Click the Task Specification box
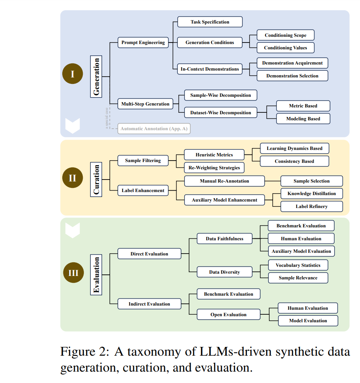point(210,22)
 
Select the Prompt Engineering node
point(143,43)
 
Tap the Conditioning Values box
point(286,48)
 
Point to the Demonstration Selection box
point(292,76)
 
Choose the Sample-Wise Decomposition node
point(221,95)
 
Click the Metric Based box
point(303,106)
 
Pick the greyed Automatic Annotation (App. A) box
point(154,128)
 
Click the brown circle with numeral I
point(73,74)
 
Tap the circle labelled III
point(73,273)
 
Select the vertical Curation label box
point(96,179)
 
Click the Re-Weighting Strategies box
point(214,167)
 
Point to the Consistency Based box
point(294,161)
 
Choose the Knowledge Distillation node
point(312,194)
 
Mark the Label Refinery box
point(312,206)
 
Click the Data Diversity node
point(224,272)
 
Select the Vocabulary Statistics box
point(298,265)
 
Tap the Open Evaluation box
point(229,314)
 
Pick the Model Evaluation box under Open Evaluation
point(308,321)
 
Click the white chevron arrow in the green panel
point(73,230)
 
